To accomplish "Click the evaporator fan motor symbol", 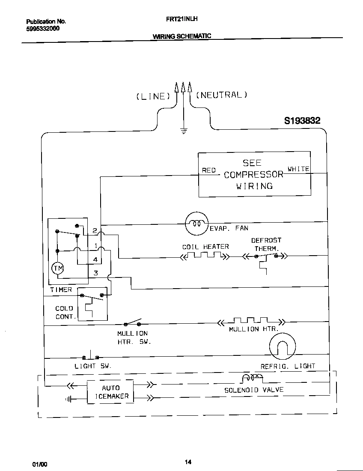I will point(196,224).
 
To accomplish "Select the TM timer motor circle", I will point(57,268).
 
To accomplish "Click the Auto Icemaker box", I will point(111,392).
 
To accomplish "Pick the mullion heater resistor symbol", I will point(251,322).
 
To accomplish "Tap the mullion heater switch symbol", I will point(132,323).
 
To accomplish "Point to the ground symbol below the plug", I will point(184,131).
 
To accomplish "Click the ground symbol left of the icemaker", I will point(68,399).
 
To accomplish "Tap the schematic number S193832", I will point(302,121).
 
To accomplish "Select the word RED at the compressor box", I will point(209,170).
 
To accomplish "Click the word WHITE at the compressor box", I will point(298,169).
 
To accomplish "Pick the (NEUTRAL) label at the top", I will point(222,95).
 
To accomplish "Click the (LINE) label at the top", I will point(153,96).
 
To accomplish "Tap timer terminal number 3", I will point(96,273).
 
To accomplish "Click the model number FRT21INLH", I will point(181,19).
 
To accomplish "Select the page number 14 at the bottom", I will point(188,462).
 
